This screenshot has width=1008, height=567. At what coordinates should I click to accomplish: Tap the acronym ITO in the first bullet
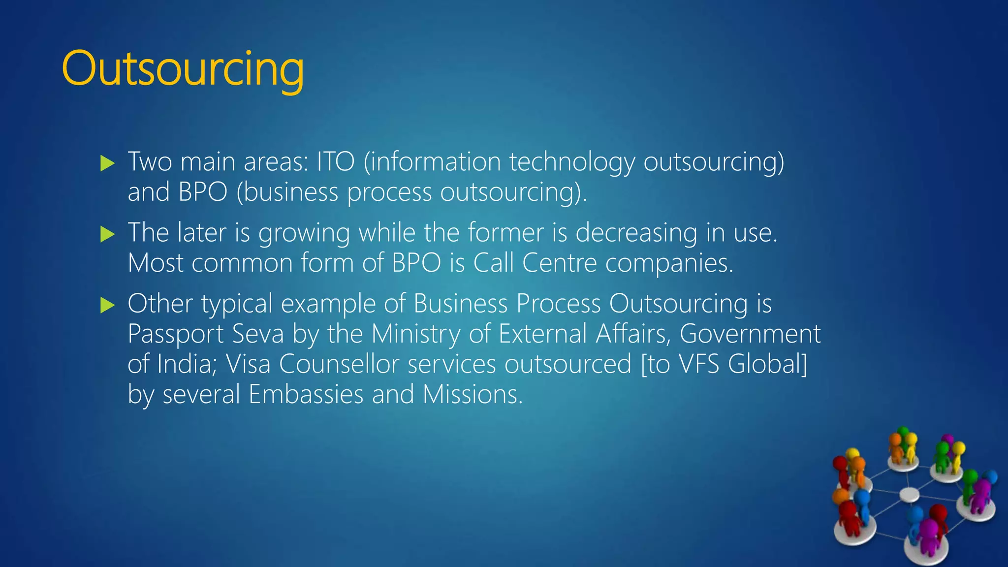point(335,162)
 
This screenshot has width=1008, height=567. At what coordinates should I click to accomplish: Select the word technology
point(572,163)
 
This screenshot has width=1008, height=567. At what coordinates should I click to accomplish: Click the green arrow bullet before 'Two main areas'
point(107,163)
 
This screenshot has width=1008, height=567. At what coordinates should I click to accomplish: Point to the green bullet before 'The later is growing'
point(107,234)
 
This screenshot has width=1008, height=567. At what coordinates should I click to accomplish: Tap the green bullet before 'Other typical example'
point(107,305)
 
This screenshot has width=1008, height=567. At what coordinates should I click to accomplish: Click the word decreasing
point(636,233)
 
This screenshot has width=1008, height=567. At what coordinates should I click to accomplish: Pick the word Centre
point(560,263)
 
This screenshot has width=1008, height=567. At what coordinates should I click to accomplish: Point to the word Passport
point(176,334)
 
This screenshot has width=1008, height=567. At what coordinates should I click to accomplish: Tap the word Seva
point(258,334)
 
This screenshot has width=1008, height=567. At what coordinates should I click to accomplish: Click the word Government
point(750,334)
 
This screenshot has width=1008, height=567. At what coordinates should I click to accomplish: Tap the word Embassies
point(306,394)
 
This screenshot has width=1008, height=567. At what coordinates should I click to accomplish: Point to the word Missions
point(472,394)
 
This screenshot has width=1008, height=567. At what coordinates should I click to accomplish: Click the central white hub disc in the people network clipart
point(909,494)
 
